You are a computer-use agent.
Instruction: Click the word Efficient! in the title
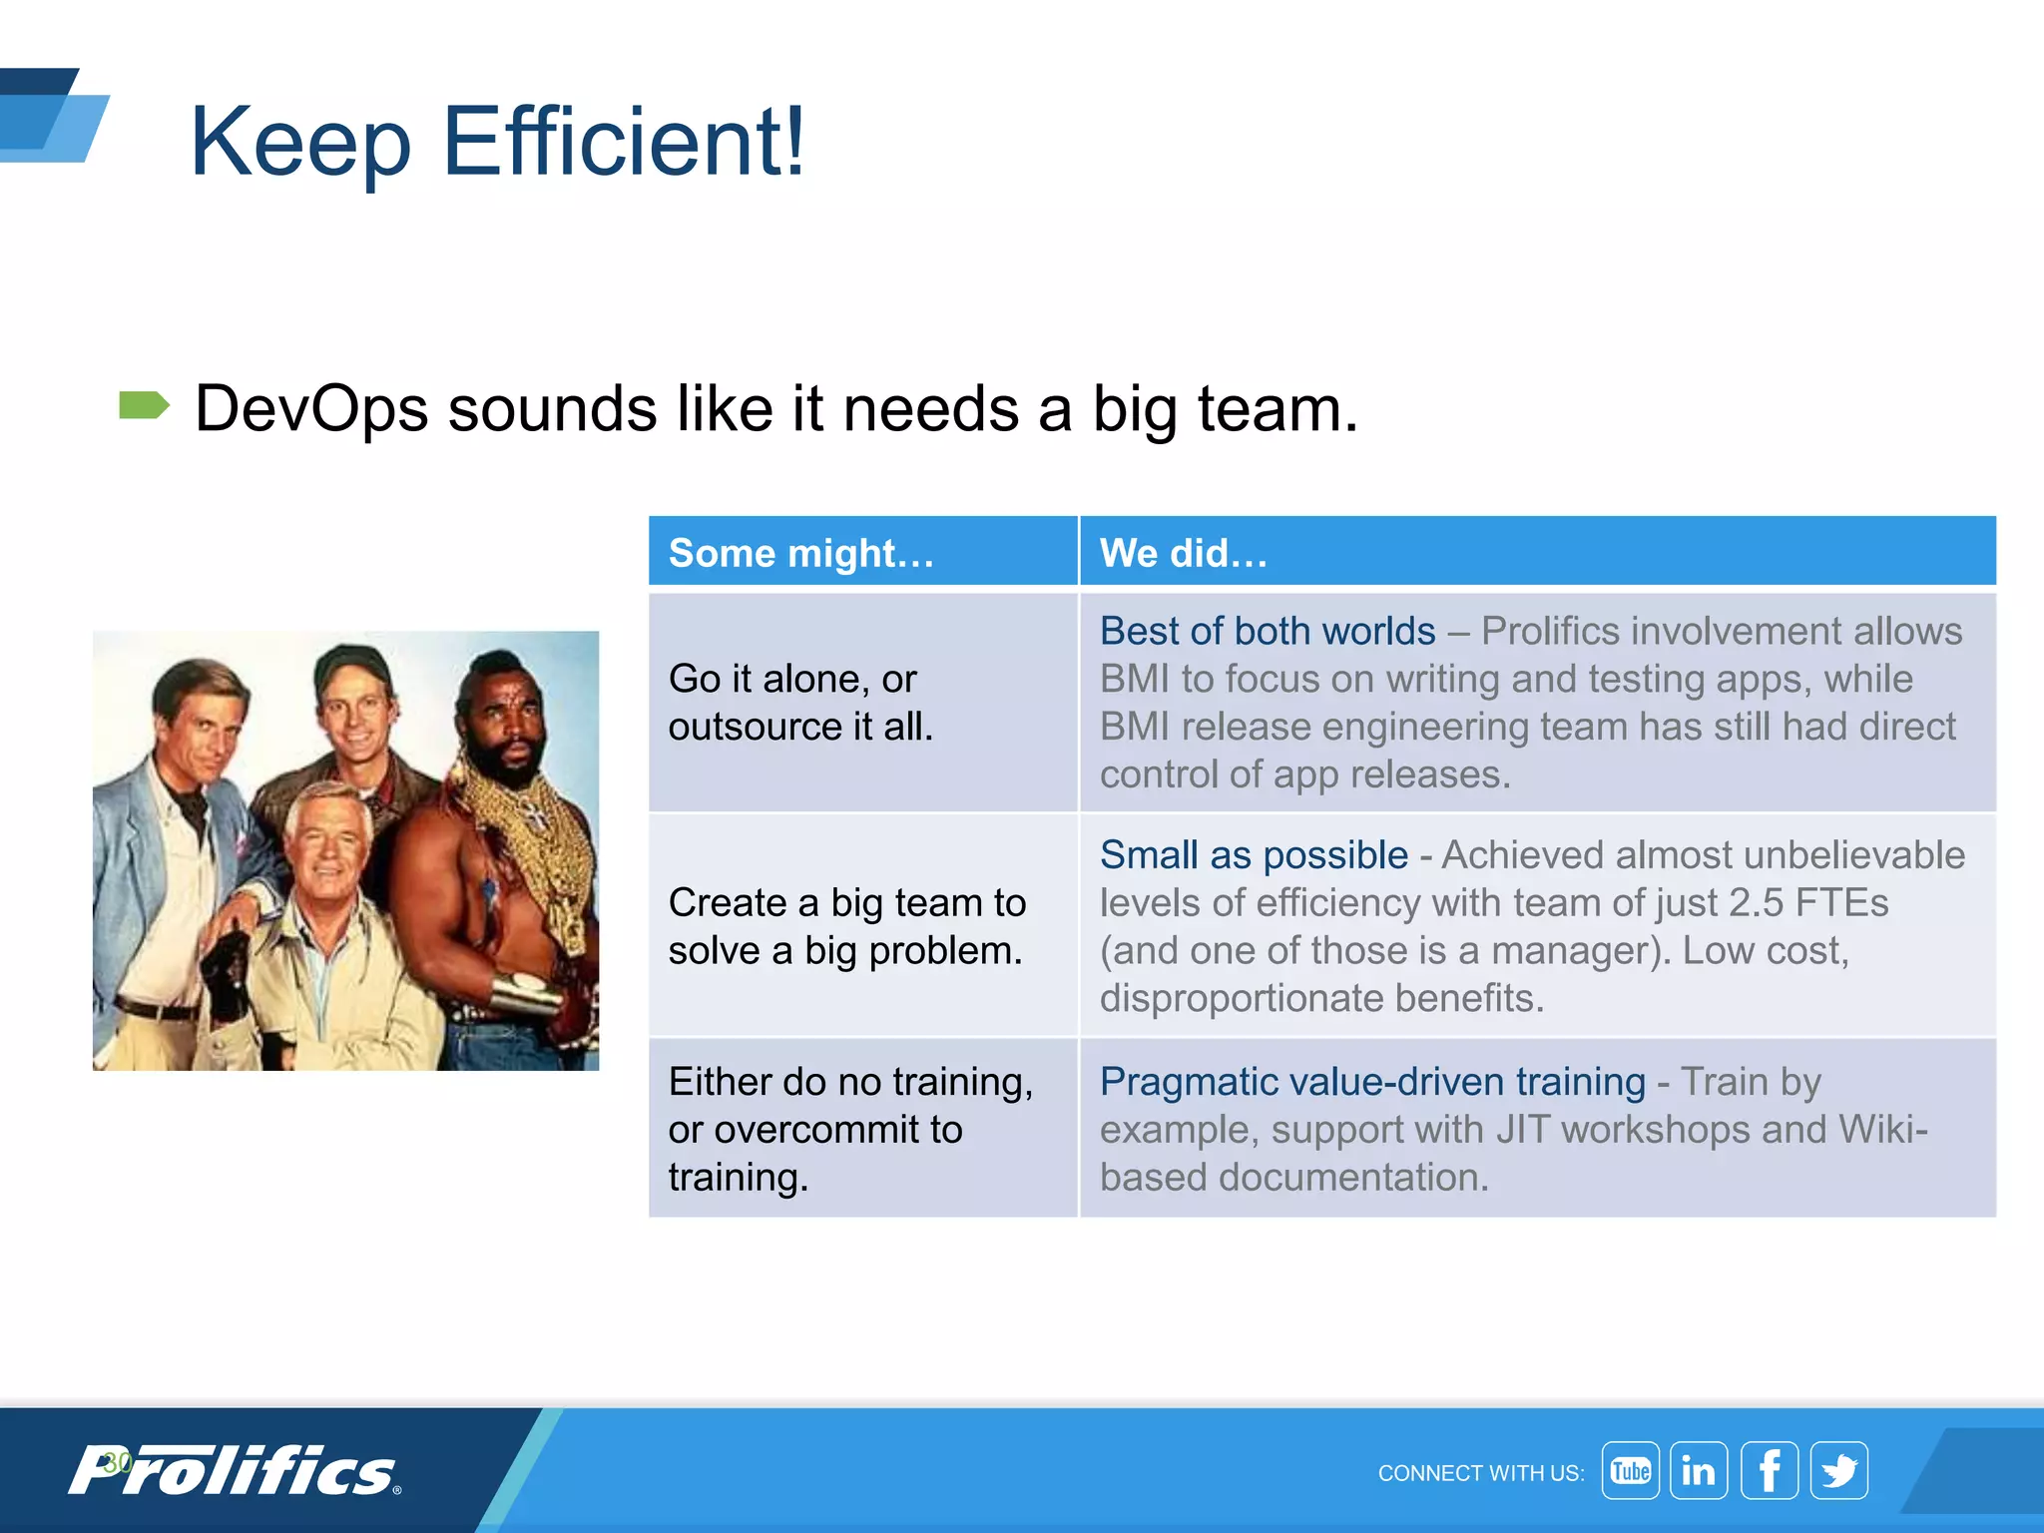tap(623, 143)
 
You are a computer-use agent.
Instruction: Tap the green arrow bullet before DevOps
tap(144, 406)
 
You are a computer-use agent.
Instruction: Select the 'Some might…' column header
tap(801, 553)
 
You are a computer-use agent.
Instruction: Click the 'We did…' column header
tap(1183, 553)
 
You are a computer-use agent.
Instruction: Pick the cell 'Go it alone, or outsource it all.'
tap(801, 703)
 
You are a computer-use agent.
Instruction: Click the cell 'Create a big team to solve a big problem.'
tap(846, 926)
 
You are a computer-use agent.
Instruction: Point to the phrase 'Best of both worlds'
tap(1267, 632)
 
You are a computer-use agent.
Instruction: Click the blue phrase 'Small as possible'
tap(1254, 855)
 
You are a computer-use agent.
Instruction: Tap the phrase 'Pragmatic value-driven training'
tap(1372, 1082)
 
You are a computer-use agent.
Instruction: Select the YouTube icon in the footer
tap(1630, 1470)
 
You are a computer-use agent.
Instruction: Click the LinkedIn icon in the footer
tap(1699, 1470)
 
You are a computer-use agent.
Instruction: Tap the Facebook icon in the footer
tap(1769, 1470)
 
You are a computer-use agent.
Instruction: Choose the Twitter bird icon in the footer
tap(1838, 1470)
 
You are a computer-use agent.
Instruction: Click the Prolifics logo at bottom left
tap(235, 1470)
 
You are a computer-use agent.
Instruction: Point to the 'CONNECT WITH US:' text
tap(1480, 1473)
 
